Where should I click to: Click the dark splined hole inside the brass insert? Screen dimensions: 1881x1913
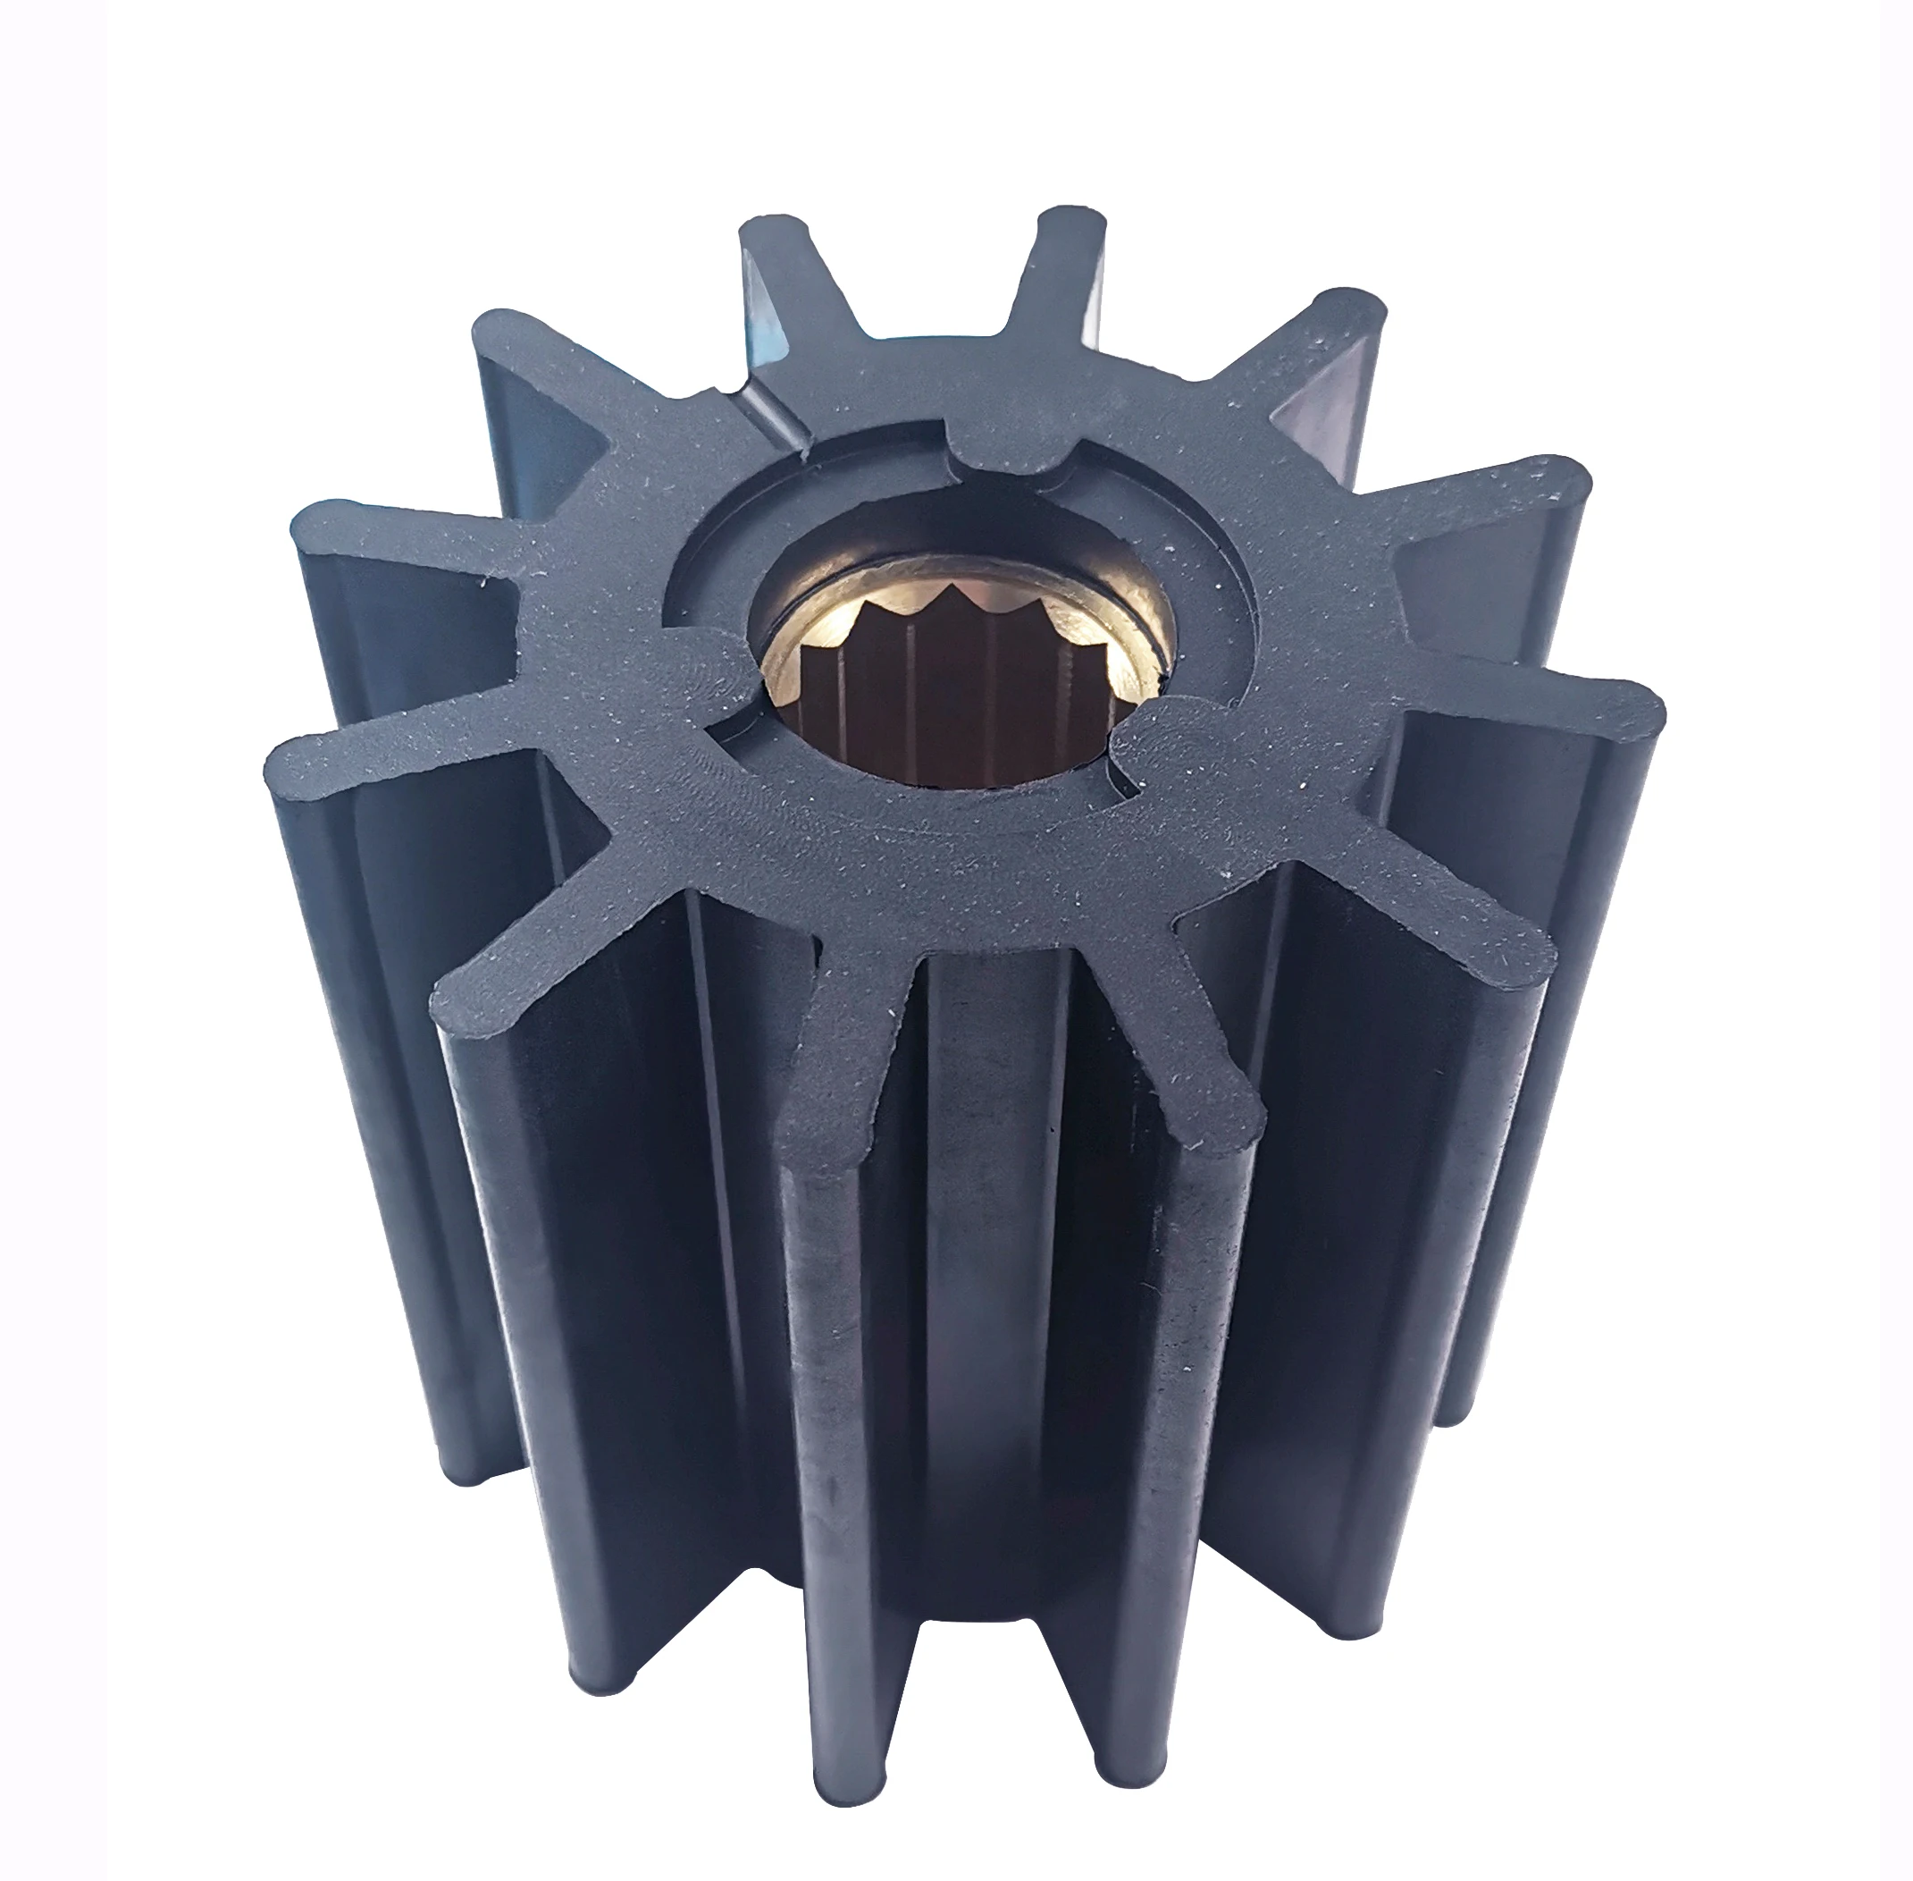click(948, 692)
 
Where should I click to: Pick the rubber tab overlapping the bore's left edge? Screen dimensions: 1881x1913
click(706, 681)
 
